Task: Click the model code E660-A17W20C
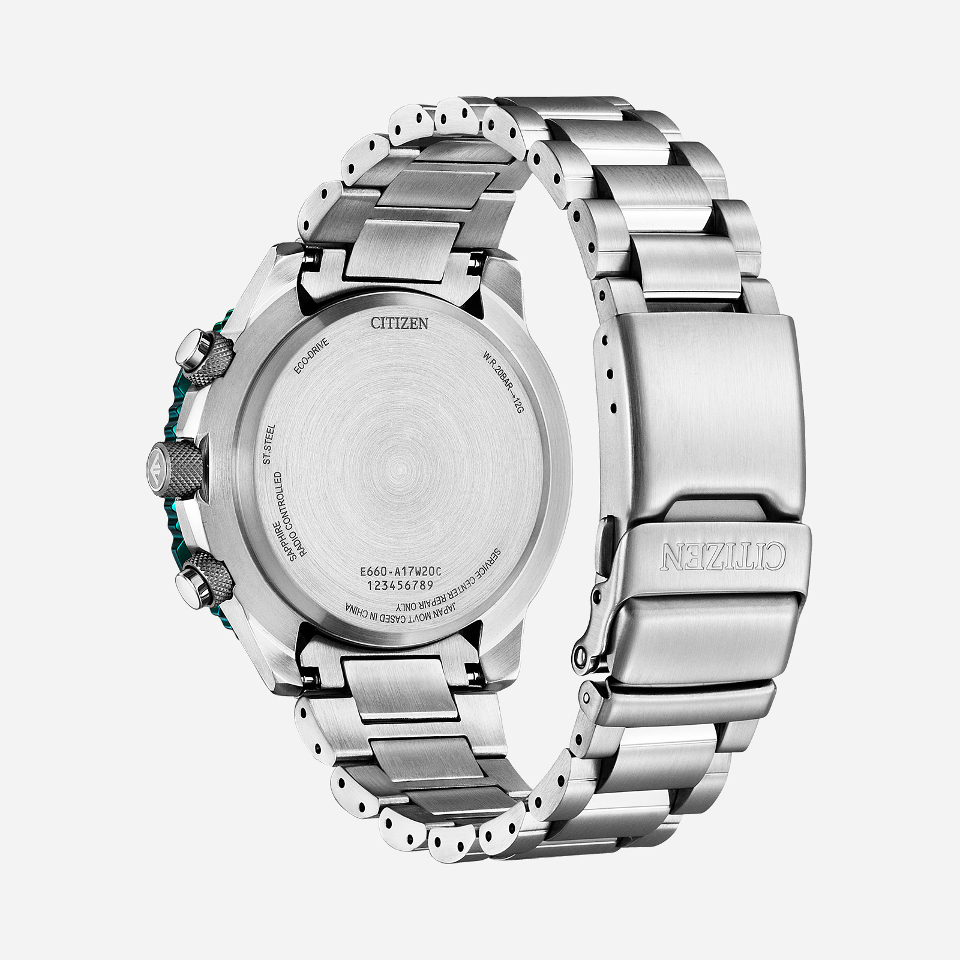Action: (x=398, y=573)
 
